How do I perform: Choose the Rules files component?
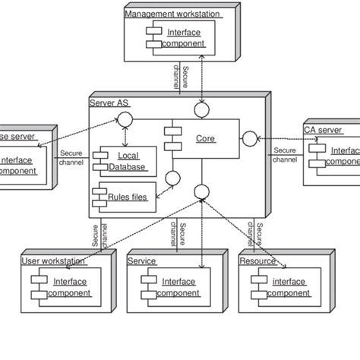[x=127, y=195]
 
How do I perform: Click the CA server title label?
[x=322, y=130]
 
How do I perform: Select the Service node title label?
[x=142, y=261]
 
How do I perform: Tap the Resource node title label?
[x=257, y=261]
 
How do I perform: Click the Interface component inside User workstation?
[x=70, y=287]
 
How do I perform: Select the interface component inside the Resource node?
[x=289, y=287]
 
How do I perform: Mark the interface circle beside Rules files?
[x=172, y=179]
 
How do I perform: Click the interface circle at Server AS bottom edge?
[x=202, y=191]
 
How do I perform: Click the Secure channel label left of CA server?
[x=285, y=155]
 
